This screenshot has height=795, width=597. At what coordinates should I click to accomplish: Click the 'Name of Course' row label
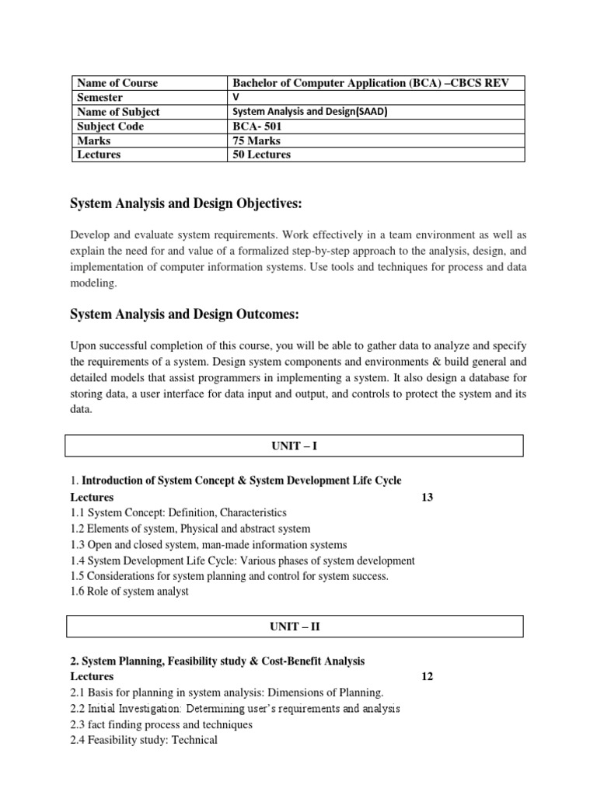(x=117, y=83)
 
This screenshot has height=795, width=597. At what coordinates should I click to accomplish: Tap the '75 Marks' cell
(x=257, y=141)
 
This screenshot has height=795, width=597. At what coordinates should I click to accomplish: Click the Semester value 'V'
(x=237, y=97)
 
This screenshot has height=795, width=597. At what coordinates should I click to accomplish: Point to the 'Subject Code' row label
(x=110, y=127)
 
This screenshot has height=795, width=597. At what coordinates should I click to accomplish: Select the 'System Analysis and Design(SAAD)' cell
(x=310, y=112)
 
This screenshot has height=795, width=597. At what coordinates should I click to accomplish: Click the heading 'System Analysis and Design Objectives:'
(x=186, y=203)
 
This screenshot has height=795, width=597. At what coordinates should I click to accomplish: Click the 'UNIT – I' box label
(x=293, y=446)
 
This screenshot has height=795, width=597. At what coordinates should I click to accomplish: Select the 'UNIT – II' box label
(x=293, y=626)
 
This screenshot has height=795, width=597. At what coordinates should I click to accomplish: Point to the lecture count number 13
(x=427, y=498)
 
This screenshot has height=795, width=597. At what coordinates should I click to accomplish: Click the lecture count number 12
(x=427, y=677)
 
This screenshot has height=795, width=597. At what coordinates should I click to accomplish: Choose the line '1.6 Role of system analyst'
(x=129, y=592)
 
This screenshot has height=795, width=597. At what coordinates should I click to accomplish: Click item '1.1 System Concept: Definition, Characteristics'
(x=178, y=513)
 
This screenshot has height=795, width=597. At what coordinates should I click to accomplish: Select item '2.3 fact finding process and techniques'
(x=162, y=724)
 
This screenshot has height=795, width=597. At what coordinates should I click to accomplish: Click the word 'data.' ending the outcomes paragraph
(x=82, y=410)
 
